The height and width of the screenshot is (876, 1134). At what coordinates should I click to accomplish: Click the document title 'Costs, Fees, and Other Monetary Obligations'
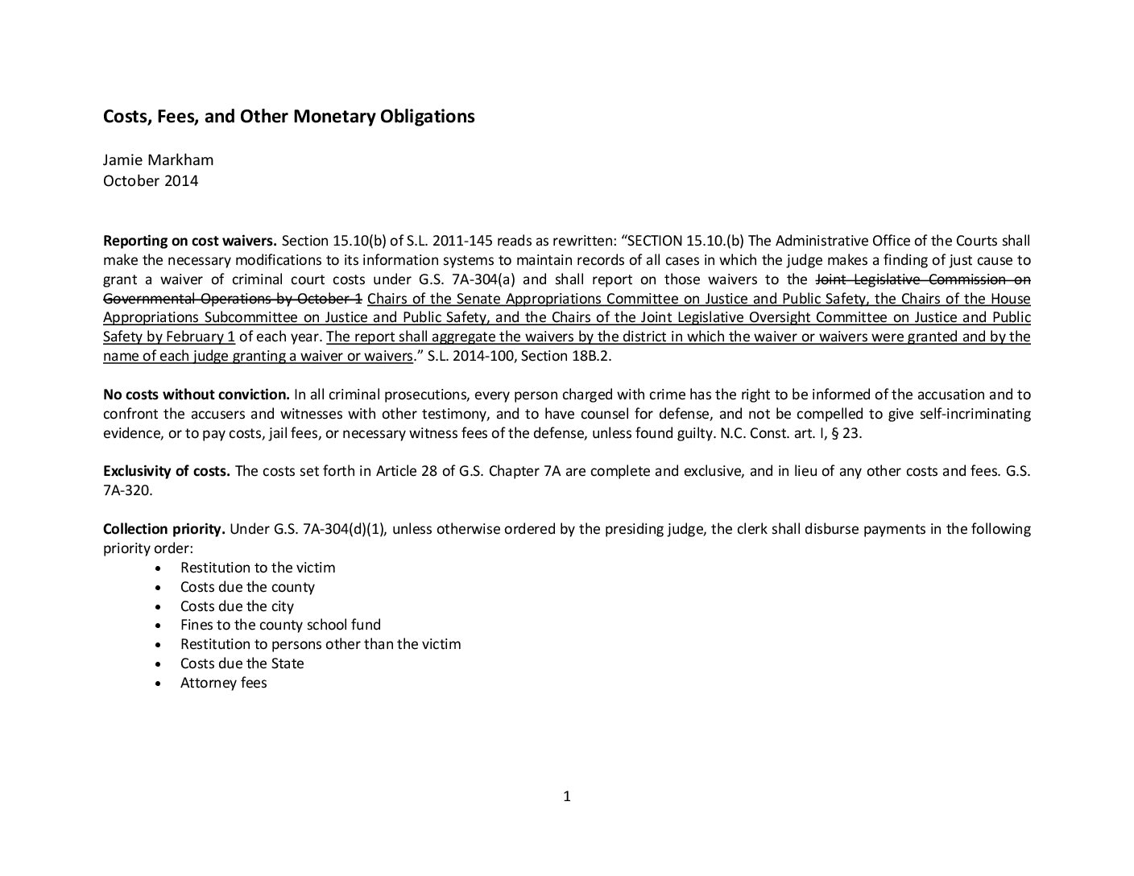point(288,117)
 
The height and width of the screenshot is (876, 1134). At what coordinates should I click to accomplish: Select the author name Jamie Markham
point(158,160)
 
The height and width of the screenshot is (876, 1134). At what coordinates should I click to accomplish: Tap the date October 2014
point(150,180)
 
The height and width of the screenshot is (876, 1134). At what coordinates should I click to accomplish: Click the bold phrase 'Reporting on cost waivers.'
point(190,241)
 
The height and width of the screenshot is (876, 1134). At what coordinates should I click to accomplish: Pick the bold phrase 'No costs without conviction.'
point(196,395)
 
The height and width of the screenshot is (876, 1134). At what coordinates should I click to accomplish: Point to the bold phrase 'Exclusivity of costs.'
point(166,471)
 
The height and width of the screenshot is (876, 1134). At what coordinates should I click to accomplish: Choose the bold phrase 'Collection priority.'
point(164,529)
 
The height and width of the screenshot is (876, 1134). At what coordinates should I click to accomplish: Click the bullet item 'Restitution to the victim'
point(257,568)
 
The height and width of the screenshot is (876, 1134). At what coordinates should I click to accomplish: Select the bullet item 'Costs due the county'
point(247,587)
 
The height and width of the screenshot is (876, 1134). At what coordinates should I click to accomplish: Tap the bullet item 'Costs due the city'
point(237,606)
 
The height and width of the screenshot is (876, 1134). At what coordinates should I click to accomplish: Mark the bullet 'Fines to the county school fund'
point(280,625)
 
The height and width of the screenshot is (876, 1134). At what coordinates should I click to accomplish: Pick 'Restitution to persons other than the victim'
point(321,644)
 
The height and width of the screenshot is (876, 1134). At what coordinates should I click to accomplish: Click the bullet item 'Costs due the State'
point(242,663)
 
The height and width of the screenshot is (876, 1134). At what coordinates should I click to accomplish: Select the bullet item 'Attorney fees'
point(223,683)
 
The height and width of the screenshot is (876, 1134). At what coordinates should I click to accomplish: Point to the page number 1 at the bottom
point(567,797)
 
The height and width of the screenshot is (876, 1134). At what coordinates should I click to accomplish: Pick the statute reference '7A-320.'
point(127,490)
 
